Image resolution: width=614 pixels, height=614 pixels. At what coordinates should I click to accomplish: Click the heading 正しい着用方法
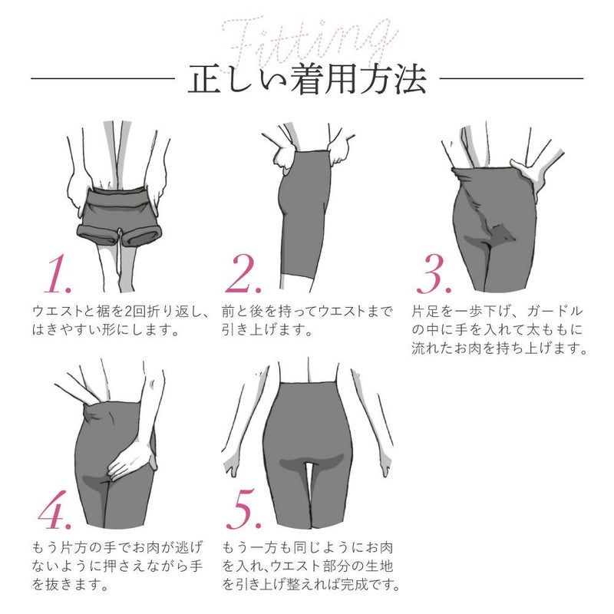pyautogui.click(x=307, y=79)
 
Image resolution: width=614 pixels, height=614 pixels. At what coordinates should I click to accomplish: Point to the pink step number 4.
pyautogui.click(x=54, y=511)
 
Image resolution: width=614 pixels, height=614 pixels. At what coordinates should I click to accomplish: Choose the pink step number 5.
pyautogui.click(x=248, y=511)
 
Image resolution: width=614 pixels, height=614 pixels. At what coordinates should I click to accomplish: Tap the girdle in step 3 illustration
pyautogui.click(x=491, y=223)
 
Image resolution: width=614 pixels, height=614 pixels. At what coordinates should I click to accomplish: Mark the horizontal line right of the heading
pyautogui.click(x=510, y=78)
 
